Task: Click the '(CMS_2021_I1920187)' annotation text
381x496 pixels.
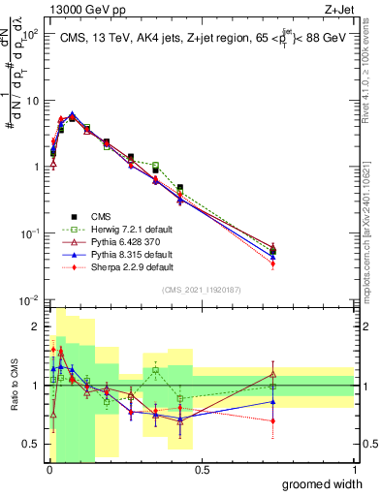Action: pos(202,289)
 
